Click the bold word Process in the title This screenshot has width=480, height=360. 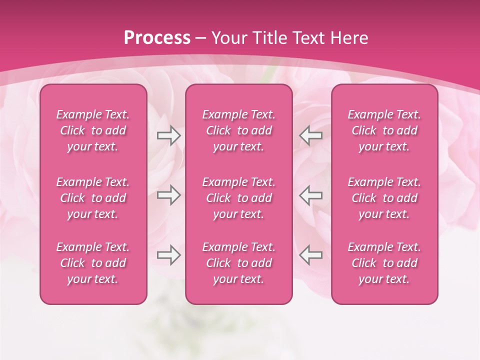(157, 38)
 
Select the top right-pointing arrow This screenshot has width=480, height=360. (168, 135)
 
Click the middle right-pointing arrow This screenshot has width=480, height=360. (168, 195)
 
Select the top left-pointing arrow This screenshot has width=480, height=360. (311, 135)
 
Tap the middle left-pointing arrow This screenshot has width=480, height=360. (311, 195)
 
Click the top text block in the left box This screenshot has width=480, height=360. (93, 130)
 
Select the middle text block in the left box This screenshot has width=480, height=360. (93, 198)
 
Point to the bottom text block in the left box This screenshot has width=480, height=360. (93, 263)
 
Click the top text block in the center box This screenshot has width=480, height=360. (238, 130)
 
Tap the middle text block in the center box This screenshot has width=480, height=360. (238, 198)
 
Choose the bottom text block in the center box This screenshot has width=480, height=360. (238, 263)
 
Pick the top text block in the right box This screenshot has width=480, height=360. (384, 130)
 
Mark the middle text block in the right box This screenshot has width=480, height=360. (384, 198)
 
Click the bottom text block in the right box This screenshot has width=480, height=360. (384, 263)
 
